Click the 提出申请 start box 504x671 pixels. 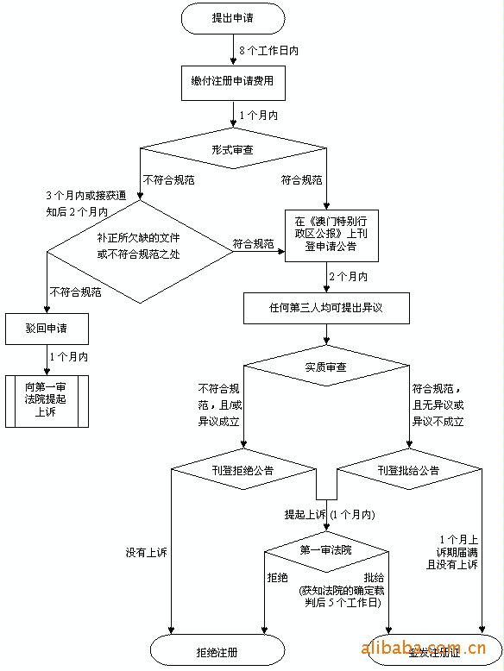click(x=232, y=17)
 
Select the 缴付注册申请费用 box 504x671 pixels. click(x=232, y=81)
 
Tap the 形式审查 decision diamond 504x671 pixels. click(x=232, y=149)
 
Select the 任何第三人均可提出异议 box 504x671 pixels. click(x=326, y=306)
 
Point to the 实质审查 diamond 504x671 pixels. click(x=326, y=367)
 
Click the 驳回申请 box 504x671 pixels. click(x=47, y=328)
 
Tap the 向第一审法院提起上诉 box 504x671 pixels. click(x=47, y=400)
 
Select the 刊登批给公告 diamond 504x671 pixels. click(x=408, y=470)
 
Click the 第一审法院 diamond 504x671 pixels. click(x=326, y=549)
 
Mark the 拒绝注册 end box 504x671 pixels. click(x=217, y=652)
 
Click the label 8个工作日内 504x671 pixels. click(x=269, y=51)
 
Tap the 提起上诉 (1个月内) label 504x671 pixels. click(x=330, y=514)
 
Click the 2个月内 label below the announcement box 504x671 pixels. click(x=348, y=276)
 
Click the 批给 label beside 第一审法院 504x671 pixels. click(x=375, y=577)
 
